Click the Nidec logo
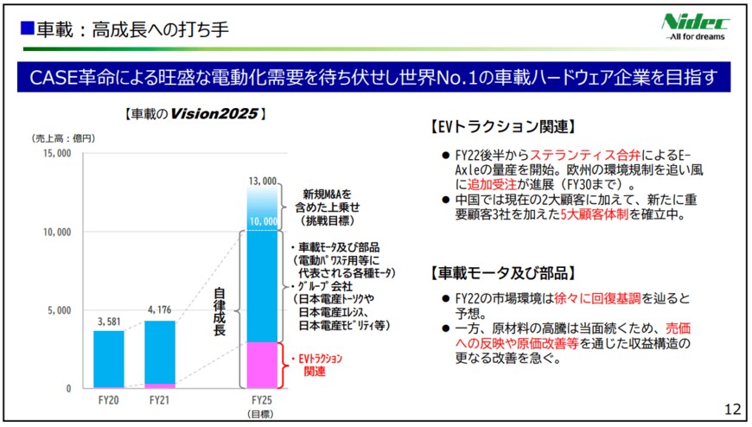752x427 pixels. tap(695, 26)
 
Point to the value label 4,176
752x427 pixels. tap(159, 310)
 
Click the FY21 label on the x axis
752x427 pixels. tap(159, 401)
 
